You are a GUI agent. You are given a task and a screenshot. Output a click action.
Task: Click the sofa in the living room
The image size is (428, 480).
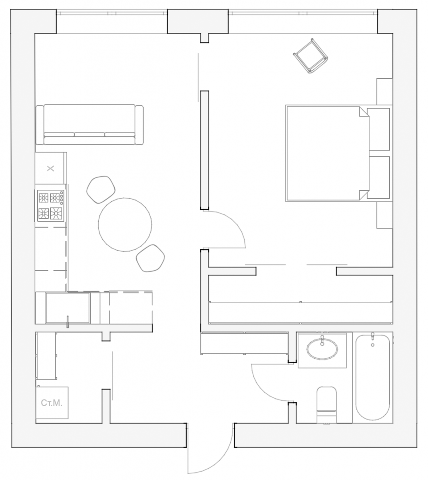tap(89, 124)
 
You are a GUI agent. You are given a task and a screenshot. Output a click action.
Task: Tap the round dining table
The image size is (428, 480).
tap(125, 225)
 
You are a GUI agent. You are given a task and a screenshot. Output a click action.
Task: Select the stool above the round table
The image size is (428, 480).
tap(101, 189)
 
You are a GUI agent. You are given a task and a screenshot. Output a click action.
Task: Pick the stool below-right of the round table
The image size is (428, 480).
tap(150, 258)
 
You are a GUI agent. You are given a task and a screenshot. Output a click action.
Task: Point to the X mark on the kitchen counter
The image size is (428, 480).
tap(51, 168)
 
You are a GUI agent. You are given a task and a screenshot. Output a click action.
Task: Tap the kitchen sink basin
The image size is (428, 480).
tap(68, 308)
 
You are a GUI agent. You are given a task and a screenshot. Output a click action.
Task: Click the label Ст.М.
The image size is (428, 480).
tap(52, 403)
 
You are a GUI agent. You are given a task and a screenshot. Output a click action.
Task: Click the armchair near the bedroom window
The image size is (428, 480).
tap(311, 56)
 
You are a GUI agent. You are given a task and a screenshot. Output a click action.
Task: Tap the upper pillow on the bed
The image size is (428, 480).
tap(379, 129)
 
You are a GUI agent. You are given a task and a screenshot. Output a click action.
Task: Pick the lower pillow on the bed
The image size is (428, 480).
tap(379, 177)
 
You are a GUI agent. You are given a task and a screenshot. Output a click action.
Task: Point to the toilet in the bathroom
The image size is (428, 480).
tap(326, 405)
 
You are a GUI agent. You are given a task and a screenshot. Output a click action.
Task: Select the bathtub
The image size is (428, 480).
tap(372, 378)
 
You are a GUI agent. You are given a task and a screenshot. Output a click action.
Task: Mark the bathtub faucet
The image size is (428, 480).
tap(372, 338)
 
